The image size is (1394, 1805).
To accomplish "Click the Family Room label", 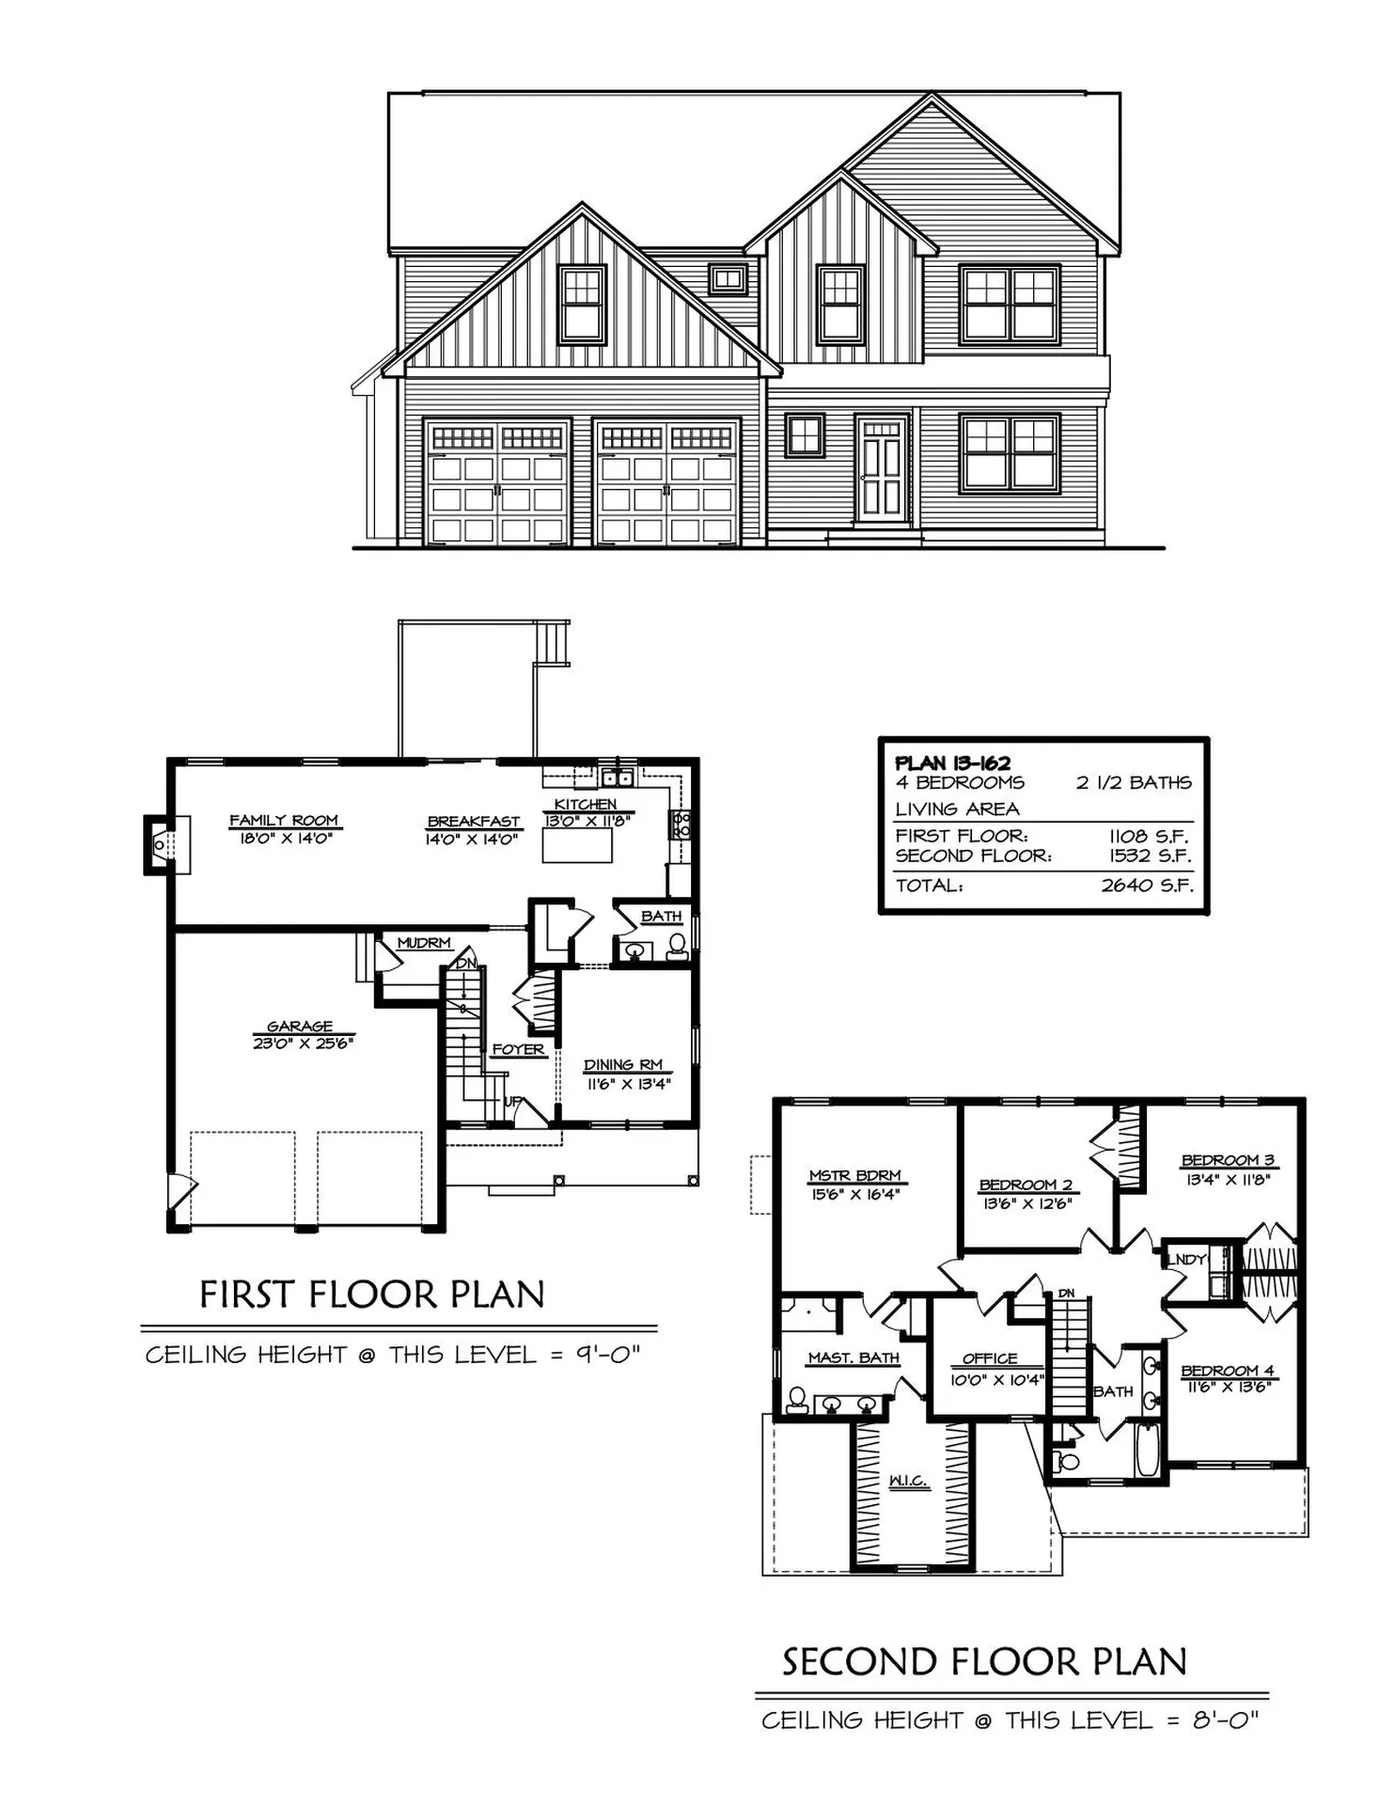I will pos(284,820).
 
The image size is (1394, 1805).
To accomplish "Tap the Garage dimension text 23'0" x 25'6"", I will pos(301,1043).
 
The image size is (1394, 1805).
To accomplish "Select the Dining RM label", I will pos(623,1064).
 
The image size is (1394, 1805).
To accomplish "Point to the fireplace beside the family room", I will pos(162,844).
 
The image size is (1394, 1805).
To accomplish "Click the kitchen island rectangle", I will pos(577,845).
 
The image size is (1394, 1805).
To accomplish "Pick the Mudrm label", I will pos(424,942).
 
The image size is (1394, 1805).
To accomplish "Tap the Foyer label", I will pos(518,1049).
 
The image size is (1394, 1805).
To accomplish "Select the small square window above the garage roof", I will pos(728,278).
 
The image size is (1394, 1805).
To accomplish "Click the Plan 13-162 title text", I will pos(952,763).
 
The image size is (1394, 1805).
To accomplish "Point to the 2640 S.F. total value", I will pos(1146,885).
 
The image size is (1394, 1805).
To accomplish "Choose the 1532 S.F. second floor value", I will pos(1150,855).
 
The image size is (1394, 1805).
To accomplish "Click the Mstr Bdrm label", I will pos(854,1175).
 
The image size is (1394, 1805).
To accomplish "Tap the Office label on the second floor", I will pos(990,1358).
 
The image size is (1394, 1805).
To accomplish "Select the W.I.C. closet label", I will pos(908,1481).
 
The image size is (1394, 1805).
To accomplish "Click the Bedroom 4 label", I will pos(1227,1371).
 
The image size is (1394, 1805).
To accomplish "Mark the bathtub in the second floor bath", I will pos(1147,1449).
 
